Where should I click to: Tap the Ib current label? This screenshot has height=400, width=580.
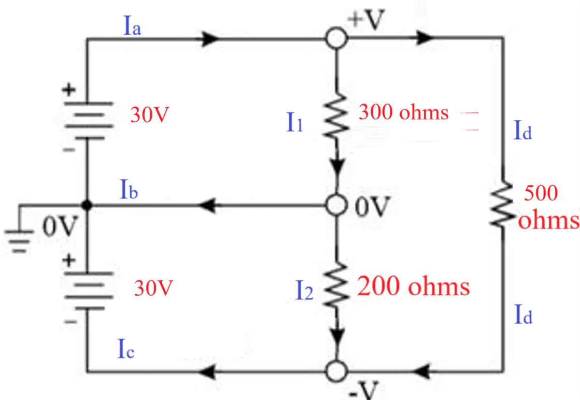point(129,189)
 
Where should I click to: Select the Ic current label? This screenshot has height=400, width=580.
point(126,348)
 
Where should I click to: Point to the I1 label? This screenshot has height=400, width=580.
point(295,122)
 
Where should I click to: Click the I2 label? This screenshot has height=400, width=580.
point(304,290)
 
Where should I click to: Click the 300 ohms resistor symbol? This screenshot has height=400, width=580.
point(336,116)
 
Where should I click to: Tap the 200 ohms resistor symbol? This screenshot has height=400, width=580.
point(336,285)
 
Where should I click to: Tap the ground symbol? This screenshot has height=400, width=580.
point(19,241)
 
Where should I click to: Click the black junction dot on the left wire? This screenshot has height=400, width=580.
point(87,205)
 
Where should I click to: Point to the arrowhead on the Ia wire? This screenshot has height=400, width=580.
point(210,39)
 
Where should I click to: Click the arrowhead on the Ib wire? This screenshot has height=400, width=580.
point(207,205)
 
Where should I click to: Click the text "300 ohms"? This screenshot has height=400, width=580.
point(403,113)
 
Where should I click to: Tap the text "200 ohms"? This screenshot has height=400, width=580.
point(413,286)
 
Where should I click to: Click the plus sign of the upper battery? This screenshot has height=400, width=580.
point(69,90)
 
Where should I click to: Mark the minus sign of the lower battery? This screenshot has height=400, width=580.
point(71,322)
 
